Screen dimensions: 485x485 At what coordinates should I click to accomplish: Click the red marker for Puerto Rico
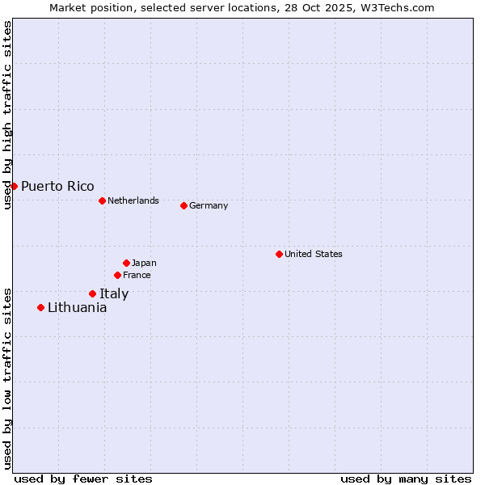(x=14, y=186)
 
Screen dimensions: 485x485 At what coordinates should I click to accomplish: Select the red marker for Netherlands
(x=102, y=200)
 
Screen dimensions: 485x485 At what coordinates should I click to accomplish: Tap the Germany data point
(x=183, y=205)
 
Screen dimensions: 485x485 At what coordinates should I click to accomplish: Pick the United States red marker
(x=279, y=254)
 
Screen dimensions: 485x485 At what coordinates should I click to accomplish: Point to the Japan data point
(x=126, y=263)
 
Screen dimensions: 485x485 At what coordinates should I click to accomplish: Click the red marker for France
(x=117, y=275)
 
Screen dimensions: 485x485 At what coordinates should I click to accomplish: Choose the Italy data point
(x=92, y=293)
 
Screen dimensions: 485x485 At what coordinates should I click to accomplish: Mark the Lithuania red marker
(x=40, y=307)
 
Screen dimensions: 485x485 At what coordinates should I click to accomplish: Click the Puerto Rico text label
(x=57, y=186)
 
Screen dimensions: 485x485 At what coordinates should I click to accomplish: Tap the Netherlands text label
(x=133, y=200)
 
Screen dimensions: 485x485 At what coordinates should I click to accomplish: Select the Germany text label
(x=209, y=205)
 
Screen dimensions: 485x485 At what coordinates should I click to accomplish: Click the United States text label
(x=314, y=254)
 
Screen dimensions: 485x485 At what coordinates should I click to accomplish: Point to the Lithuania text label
(x=77, y=307)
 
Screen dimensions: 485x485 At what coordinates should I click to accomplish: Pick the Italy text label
(x=114, y=293)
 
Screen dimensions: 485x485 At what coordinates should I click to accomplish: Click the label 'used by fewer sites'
(x=83, y=479)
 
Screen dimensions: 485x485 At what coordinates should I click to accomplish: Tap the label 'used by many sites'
(x=406, y=479)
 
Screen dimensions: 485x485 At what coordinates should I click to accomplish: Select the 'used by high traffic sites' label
(x=7, y=116)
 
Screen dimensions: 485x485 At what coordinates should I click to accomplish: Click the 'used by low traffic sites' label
(x=7, y=377)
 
